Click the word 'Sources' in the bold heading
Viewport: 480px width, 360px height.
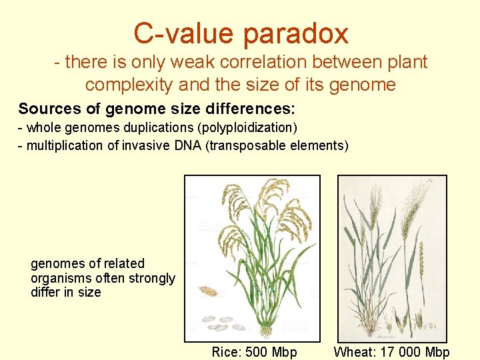pyautogui.click(x=47, y=109)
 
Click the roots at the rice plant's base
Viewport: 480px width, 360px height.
pyautogui.click(x=267, y=331)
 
